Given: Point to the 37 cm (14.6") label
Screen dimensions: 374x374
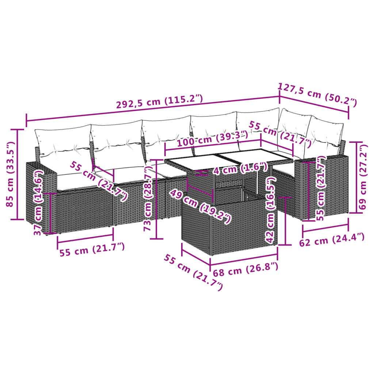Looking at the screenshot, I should (39, 203).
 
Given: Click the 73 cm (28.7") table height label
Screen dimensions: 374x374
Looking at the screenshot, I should (148, 199).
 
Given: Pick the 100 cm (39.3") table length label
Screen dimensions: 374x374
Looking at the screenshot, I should (212, 139).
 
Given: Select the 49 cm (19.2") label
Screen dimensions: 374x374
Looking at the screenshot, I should (199, 207).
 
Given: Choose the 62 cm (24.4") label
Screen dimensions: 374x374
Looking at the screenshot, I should (332, 240).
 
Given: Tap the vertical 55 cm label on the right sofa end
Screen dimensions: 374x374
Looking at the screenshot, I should (320, 188).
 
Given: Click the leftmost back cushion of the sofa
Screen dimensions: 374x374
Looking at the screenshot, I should (63, 142).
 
